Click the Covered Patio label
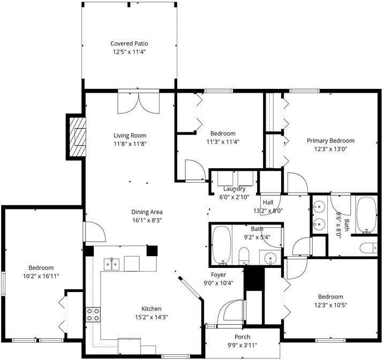129,43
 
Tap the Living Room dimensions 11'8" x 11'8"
130,144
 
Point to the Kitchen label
151,309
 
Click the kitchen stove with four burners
93,314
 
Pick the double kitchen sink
111,263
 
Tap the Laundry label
234,189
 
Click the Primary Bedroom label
330,141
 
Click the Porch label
243,336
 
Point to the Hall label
268,202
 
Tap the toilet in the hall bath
244,256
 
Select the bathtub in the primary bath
366,214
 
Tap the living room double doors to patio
139,102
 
